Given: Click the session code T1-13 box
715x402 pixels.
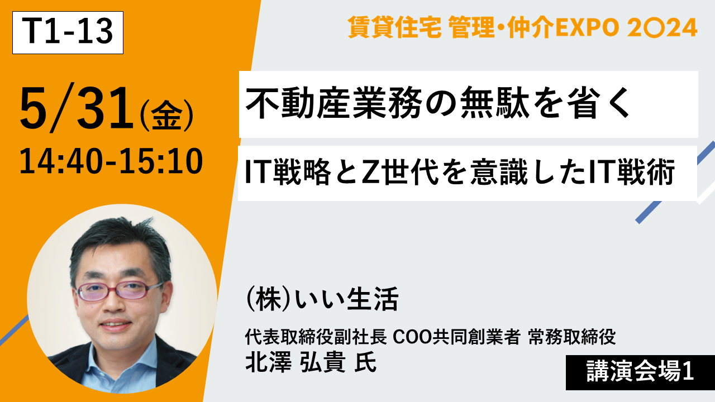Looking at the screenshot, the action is point(68,32).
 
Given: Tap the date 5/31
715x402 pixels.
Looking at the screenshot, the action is point(77,108).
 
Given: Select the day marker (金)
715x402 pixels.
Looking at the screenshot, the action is point(166,116).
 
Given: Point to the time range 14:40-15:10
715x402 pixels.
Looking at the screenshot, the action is point(111,161).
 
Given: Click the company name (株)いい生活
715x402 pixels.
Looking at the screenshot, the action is point(322,299).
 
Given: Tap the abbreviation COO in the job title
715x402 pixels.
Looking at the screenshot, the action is point(412,337).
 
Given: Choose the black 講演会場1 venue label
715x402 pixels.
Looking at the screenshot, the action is point(640,372).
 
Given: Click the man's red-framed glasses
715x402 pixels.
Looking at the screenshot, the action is point(119,291).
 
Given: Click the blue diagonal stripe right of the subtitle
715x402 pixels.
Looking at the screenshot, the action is point(674,184).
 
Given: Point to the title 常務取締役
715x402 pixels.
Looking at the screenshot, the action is point(571,337).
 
